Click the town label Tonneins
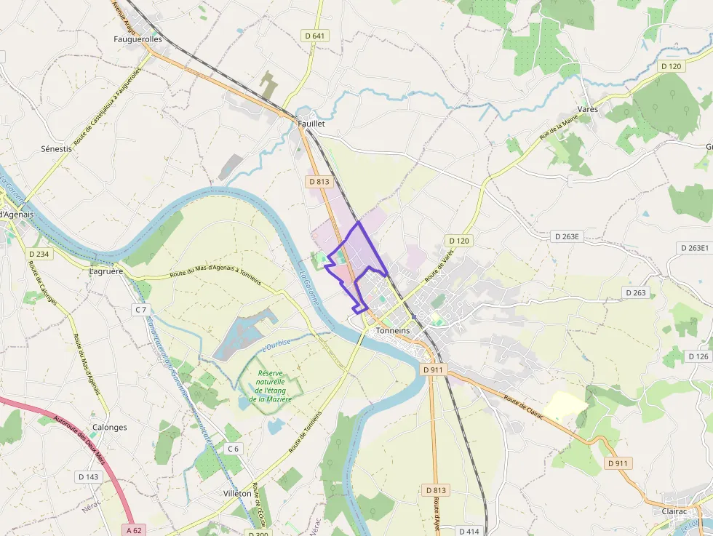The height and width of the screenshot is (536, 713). [x=393, y=330]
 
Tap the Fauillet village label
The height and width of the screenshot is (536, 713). [x=311, y=124]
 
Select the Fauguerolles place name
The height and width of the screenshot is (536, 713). [x=138, y=39]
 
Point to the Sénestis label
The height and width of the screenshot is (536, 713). [x=57, y=148]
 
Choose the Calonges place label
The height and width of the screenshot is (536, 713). [x=110, y=428]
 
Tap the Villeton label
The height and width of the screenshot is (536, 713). [x=237, y=493]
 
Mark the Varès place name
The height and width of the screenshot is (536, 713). [x=587, y=108]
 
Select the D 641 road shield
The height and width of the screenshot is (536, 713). [x=314, y=35]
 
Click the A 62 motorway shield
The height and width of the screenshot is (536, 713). [x=132, y=530]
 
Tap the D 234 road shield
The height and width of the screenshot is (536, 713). [x=39, y=254]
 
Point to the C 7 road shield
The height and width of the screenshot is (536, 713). [x=140, y=310]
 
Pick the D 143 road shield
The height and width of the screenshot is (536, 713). [x=87, y=476]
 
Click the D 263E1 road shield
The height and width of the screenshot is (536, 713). [x=694, y=248]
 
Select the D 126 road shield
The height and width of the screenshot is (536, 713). [x=697, y=356]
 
